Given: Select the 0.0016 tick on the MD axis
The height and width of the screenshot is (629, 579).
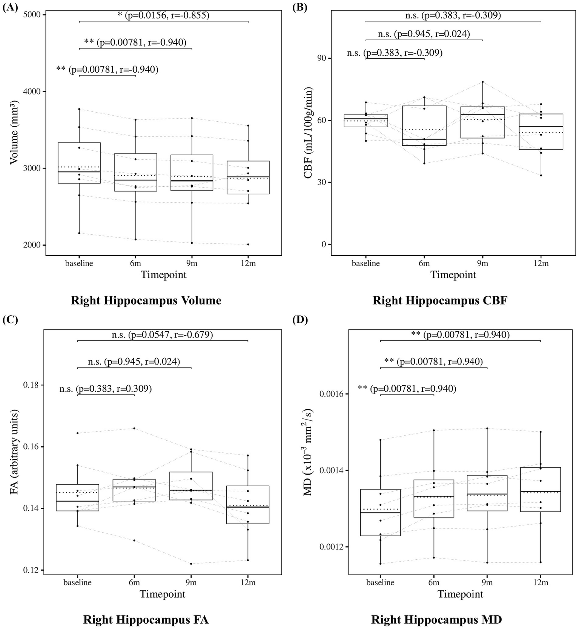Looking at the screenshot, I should pos(330,394).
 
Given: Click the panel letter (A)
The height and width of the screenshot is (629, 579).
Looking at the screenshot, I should pos(10,8).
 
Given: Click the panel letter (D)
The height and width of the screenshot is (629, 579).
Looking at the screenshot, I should pos(300,320).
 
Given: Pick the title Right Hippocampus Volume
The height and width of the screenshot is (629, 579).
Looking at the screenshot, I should pos(146,301).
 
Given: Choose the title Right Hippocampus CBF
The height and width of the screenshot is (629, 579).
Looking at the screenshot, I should pos(440,301).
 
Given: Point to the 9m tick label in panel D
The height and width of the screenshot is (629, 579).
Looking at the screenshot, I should pos(487,583).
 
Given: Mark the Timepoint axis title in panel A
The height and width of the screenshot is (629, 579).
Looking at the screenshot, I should pos(164,275).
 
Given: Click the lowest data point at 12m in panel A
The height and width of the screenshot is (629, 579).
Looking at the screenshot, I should pos(248,244).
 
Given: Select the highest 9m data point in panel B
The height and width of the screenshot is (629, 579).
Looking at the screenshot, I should pos(482,82).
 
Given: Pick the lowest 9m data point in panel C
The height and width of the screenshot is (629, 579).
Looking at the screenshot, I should pos(191,564).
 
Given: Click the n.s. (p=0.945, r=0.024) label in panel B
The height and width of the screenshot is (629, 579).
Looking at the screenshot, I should pos(424,34).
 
